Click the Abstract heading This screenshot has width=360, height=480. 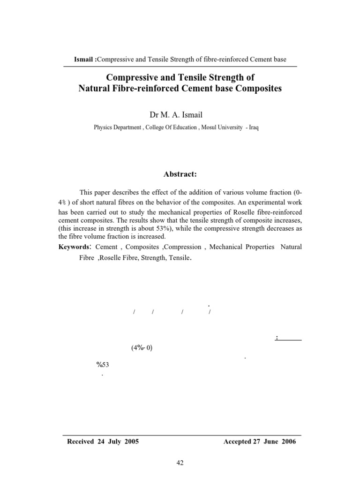[x=180, y=174]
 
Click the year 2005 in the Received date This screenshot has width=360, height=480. [x=130, y=442]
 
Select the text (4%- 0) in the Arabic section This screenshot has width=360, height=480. [x=142, y=348]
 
